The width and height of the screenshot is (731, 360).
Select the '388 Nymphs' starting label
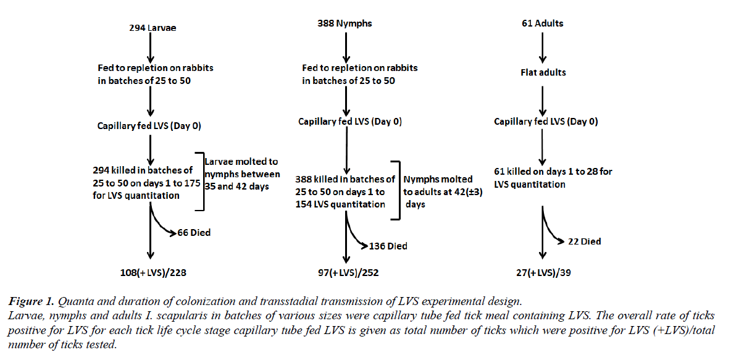click(x=345, y=23)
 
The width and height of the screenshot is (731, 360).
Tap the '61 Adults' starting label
click(x=542, y=23)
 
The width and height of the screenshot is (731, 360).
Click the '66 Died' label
click(x=194, y=233)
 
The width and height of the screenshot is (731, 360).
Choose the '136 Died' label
click(x=388, y=246)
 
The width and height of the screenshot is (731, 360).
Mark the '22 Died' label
click(x=584, y=241)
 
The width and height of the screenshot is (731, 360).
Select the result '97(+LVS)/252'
click(x=345, y=272)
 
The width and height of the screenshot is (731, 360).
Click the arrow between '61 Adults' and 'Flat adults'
click(x=542, y=48)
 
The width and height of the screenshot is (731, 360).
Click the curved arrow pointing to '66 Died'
click(x=162, y=224)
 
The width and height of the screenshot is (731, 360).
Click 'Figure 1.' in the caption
click(x=30, y=301)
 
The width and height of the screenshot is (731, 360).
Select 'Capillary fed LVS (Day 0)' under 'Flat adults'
click(x=546, y=122)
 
